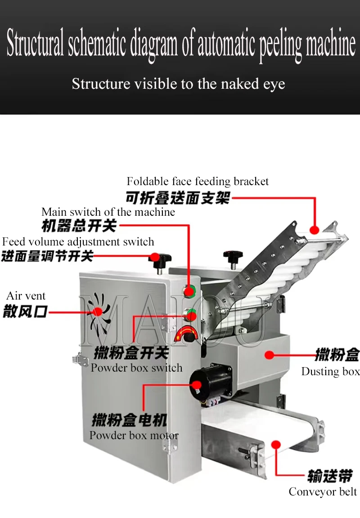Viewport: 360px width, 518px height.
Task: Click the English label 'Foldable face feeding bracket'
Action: click(198, 182)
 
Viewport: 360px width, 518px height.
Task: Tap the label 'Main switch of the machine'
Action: click(108, 212)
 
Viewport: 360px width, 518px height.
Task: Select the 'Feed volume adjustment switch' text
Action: click(78, 242)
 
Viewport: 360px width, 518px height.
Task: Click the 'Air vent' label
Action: click(26, 296)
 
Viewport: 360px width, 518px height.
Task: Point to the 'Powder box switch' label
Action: click(136, 368)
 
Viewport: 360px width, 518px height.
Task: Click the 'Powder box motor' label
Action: click(134, 435)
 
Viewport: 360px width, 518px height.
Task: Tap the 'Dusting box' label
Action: click(330, 371)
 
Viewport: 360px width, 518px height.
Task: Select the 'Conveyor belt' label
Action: click(323, 492)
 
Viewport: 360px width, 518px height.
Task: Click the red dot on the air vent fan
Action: click(96, 311)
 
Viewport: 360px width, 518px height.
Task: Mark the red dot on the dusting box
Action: click(269, 355)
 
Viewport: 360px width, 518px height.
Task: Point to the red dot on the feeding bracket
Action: click(315, 231)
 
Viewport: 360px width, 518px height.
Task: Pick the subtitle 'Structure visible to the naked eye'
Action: click(178, 84)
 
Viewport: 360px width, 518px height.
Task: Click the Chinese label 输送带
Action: click(329, 476)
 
